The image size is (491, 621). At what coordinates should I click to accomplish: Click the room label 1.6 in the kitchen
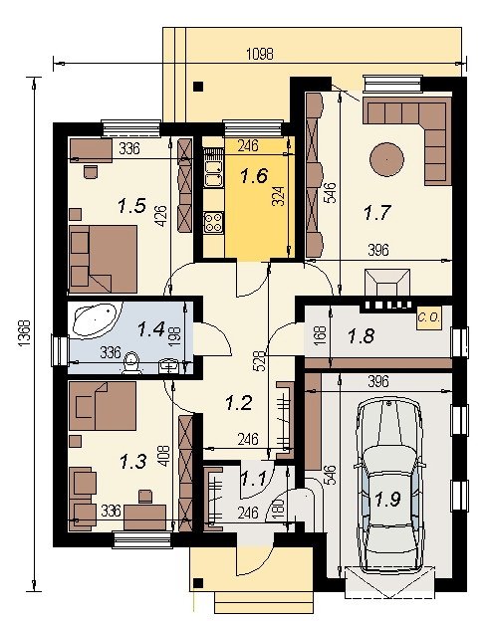pyautogui.click(x=254, y=175)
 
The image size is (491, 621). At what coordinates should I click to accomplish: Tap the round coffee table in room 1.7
pyautogui.click(x=386, y=160)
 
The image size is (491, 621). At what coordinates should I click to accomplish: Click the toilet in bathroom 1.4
pyautogui.click(x=131, y=364)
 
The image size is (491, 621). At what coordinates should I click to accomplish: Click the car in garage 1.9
pyautogui.click(x=388, y=487)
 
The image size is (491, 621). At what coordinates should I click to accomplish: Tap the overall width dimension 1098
pyautogui.click(x=260, y=54)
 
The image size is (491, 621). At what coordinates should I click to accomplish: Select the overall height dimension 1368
pyautogui.click(x=24, y=333)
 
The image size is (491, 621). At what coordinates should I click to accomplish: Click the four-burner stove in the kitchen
pyautogui.click(x=213, y=222)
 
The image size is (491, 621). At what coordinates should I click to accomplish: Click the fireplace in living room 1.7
pyautogui.click(x=387, y=283)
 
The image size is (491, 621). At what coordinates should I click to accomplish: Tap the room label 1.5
pyautogui.click(x=132, y=206)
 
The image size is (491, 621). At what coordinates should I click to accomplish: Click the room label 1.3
pyautogui.click(x=133, y=462)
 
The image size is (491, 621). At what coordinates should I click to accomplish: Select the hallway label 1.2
pyautogui.click(x=239, y=403)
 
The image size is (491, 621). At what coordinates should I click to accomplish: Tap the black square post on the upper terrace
pyautogui.click(x=198, y=87)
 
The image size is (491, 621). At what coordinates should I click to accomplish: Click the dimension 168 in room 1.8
pyautogui.click(x=321, y=335)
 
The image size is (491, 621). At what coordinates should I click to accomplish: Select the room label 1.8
pyautogui.click(x=361, y=336)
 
